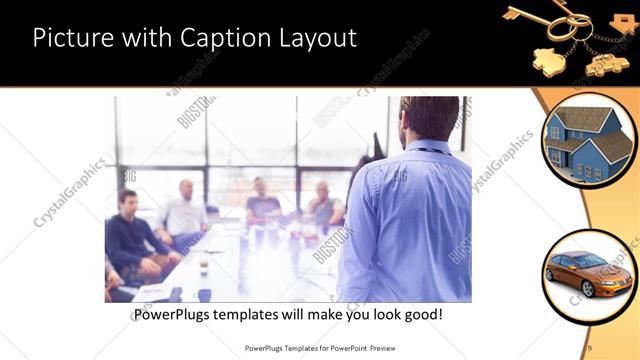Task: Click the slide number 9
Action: pos(590,347)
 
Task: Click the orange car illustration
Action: pos(588,273)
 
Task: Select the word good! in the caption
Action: pos(421,315)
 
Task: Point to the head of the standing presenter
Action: pos(420,118)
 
